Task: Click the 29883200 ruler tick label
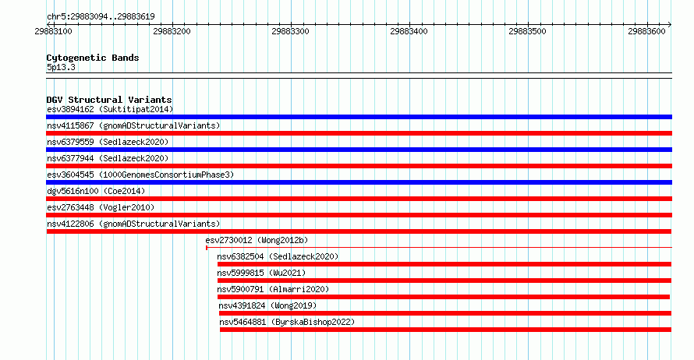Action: pos(172,31)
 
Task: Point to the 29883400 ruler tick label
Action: pos(409,31)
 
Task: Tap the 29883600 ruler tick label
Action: pos(646,31)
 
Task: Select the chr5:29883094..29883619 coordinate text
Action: pos(101,17)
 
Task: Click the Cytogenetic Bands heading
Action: pos(93,58)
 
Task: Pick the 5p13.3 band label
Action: pos(61,67)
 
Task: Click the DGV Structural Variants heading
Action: pos(109,100)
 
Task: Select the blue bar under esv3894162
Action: pos(359,117)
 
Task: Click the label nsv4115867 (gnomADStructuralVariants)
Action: pos(133,125)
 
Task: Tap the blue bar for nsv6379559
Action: pos(359,150)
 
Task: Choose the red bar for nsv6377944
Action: pos(359,166)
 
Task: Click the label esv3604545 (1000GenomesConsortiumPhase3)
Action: pos(140,175)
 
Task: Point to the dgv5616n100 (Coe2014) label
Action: pos(96,191)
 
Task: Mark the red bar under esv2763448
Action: pos(359,215)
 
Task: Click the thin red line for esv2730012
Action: pos(439,248)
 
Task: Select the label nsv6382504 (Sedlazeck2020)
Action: pos(278,256)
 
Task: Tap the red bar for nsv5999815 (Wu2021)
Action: pos(444,281)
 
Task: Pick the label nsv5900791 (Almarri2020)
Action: pos(273,289)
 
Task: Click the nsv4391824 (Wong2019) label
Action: pos(267,305)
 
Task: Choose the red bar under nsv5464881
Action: pos(446,330)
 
